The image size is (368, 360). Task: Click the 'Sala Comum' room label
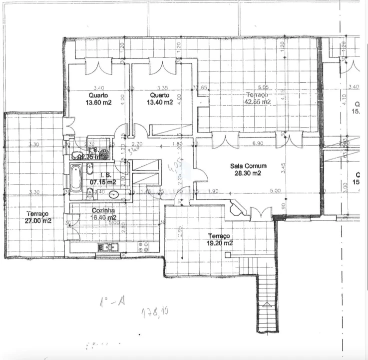pyautogui.click(x=248, y=166)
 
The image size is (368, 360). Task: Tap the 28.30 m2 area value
pyautogui.click(x=248, y=173)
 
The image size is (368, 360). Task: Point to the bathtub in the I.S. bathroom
pyautogui.click(x=75, y=178)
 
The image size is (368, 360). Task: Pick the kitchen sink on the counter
pyautogui.click(x=107, y=246)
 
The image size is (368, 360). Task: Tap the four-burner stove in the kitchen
pyautogui.click(x=143, y=246)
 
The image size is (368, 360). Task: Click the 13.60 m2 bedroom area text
pyautogui.click(x=99, y=102)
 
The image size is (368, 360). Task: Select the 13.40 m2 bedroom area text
pyautogui.click(x=160, y=102)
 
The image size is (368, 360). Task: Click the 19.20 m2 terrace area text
pyautogui.click(x=220, y=243)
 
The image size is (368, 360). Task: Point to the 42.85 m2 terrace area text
pyautogui.click(x=257, y=101)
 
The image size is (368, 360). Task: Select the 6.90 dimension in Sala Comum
pyautogui.click(x=258, y=144)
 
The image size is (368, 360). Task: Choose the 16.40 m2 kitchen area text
pyautogui.click(x=104, y=218)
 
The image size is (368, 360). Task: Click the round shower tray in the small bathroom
pyautogui.click(x=103, y=152)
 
